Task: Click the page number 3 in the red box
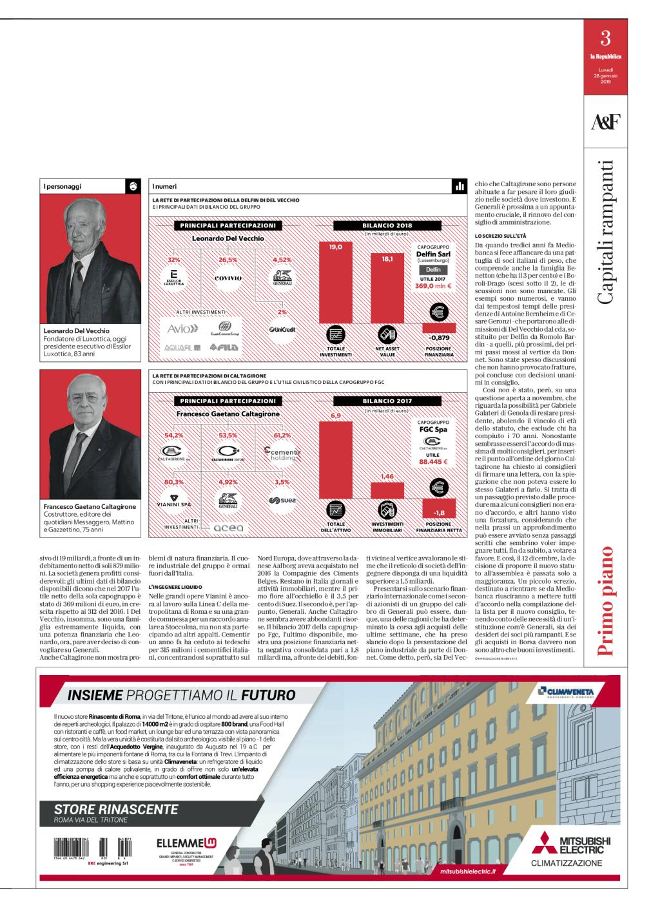click(605, 38)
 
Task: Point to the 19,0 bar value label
click(336, 247)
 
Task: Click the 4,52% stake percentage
click(282, 260)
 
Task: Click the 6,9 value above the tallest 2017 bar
click(335, 415)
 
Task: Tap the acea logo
click(229, 528)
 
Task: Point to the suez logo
click(282, 499)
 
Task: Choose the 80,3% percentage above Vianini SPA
click(174, 481)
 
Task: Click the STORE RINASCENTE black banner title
click(116, 809)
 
